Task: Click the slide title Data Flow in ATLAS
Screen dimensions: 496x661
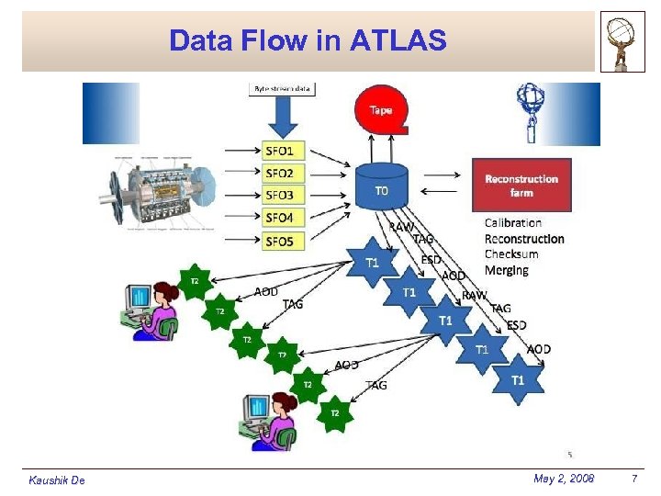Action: point(308,40)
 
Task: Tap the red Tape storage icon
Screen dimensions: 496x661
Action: point(380,110)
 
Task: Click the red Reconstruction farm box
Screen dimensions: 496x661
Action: point(521,185)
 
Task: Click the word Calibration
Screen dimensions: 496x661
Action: point(512,222)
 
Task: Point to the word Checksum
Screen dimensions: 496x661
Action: point(510,254)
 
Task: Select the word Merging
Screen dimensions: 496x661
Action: point(506,270)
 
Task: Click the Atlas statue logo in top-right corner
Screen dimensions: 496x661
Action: point(622,41)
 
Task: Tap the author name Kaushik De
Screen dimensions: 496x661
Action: point(57,480)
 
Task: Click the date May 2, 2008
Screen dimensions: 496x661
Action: point(563,479)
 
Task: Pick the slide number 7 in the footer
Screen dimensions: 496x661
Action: point(633,479)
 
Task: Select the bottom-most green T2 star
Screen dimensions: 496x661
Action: point(335,413)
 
